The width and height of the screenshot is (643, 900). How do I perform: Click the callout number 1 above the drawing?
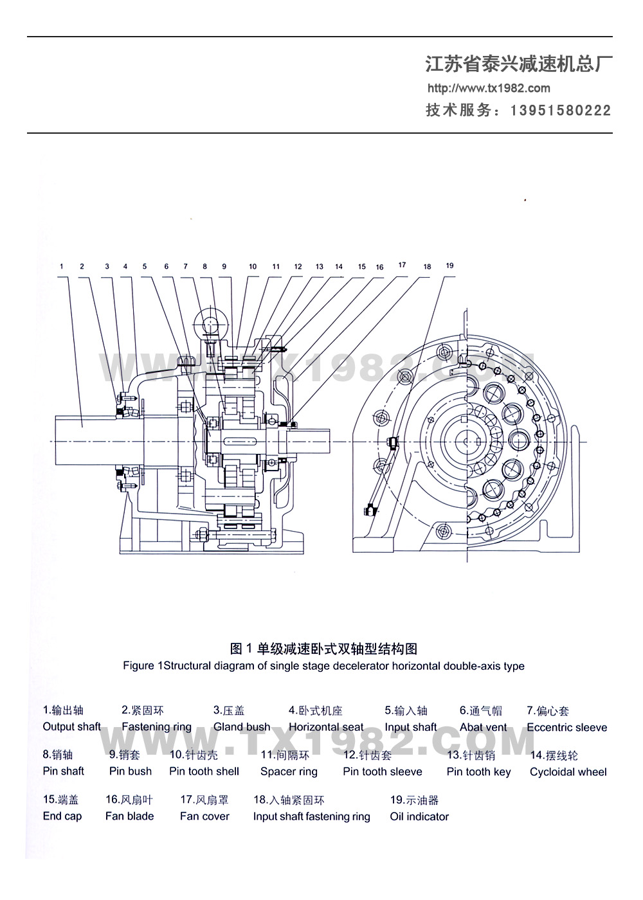point(62,266)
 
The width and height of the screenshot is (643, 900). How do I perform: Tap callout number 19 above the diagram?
point(449,265)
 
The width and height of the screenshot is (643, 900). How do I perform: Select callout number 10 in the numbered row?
point(253,266)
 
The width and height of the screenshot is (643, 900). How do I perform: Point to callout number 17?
point(402,265)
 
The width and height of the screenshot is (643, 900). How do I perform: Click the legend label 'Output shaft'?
point(71,726)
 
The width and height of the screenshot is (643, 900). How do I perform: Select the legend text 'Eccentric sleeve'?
point(566,727)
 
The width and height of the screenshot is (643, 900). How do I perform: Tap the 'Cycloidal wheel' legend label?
point(568,771)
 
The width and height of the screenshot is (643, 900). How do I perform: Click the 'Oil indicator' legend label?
point(419,816)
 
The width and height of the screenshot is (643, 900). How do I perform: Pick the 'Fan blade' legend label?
point(129,816)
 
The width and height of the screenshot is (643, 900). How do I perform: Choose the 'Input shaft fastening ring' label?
point(311,816)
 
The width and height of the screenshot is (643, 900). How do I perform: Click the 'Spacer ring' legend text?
point(289,771)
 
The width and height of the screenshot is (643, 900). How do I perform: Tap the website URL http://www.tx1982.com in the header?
point(489,88)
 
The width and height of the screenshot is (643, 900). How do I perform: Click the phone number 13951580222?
point(561,111)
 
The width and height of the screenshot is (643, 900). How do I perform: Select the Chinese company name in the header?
point(518,64)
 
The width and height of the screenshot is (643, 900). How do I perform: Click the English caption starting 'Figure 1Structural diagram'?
point(323,666)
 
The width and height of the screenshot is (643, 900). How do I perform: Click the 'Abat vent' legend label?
point(483,727)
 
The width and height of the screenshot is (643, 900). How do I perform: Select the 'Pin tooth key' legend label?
point(478,771)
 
